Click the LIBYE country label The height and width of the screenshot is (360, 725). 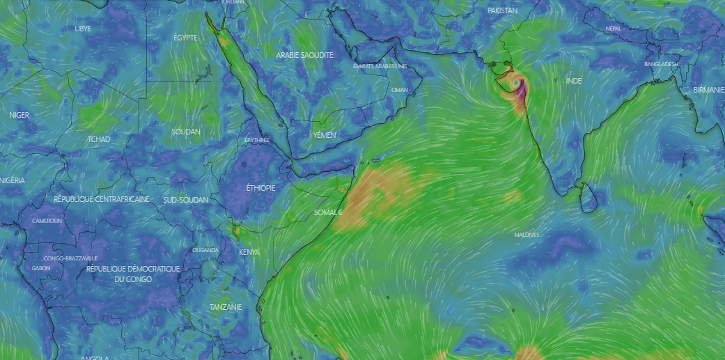(83, 29)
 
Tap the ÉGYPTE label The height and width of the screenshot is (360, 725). (185, 37)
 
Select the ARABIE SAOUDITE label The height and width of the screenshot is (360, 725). (304, 55)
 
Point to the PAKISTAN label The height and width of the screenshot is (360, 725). (503, 11)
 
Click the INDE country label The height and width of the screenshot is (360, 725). (573, 81)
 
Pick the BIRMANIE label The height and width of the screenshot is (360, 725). (708, 91)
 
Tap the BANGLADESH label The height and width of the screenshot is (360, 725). (660, 64)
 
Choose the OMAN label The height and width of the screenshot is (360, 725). (400, 90)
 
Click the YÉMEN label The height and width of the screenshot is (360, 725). (324, 134)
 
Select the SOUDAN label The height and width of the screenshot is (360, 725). (186, 132)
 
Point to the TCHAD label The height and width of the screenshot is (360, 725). (98, 139)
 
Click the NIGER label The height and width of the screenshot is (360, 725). (19, 115)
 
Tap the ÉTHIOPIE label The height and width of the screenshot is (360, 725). (260, 188)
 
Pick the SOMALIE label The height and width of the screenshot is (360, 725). (328, 212)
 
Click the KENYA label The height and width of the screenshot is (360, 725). (249, 252)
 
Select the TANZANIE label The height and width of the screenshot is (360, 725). (226, 307)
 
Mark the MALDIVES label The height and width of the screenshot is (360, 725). (527, 235)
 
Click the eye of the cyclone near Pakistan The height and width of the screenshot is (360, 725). (515, 84)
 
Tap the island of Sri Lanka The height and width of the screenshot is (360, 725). (588, 198)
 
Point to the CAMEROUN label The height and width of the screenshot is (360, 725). (47, 221)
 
